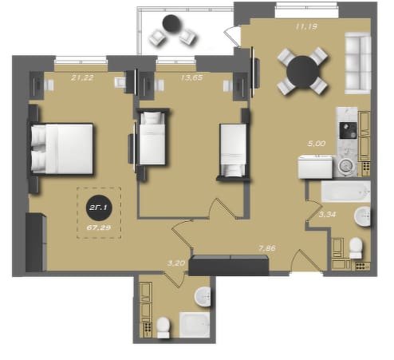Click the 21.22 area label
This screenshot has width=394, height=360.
[x=82, y=77]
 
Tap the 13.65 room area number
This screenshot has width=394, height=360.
[x=191, y=77]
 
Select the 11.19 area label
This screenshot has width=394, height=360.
[x=306, y=26]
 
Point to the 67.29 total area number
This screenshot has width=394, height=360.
[x=99, y=227]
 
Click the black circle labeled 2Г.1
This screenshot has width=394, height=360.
[x=99, y=208]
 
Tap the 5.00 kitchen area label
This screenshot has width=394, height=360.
[x=317, y=144]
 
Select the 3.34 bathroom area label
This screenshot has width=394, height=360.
[x=327, y=215]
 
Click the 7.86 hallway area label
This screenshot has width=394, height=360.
[x=267, y=248]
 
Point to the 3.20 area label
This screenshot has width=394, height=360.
[x=176, y=263]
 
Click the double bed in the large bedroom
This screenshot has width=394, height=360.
[x=61, y=148]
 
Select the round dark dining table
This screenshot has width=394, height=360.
[x=303, y=71]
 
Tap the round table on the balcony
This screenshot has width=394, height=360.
[x=172, y=24]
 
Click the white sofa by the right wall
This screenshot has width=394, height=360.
[x=357, y=63]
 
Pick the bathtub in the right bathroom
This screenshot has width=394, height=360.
[x=345, y=192]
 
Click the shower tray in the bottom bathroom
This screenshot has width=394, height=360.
[x=195, y=325]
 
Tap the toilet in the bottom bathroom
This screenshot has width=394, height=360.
[x=163, y=327]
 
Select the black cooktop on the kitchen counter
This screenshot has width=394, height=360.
[x=348, y=130]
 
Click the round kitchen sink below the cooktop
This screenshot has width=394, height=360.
[x=345, y=166]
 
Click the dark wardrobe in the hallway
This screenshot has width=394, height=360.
[x=229, y=265]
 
